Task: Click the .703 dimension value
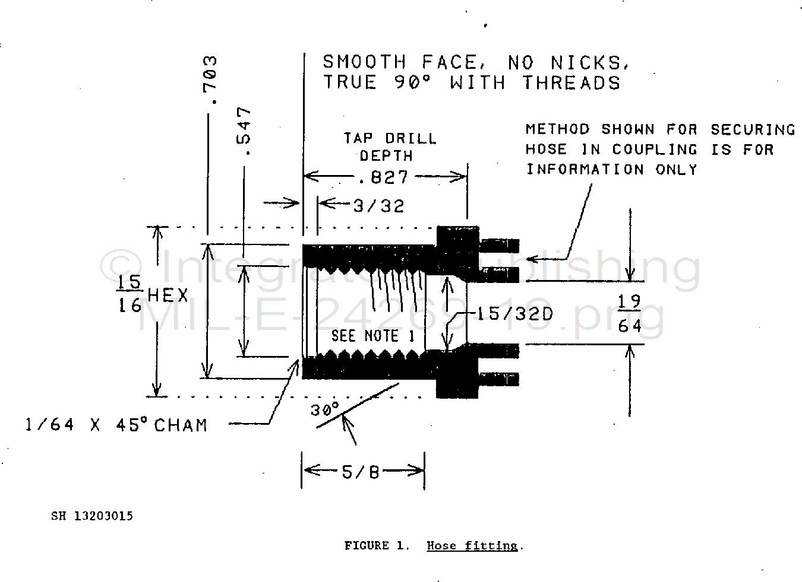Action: point(210,80)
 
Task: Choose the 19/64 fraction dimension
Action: point(629,314)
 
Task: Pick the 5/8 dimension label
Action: point(360,472)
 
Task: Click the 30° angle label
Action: point(324,409)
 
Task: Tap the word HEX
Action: point(168,295)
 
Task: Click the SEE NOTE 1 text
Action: point(372,336)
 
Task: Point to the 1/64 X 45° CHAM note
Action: point(116,425)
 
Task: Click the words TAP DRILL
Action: point(390,139)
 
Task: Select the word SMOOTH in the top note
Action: point(364,62)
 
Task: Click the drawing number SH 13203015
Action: point(92,516)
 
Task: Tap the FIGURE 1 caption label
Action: point(377,546)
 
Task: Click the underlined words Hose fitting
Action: point(472,546)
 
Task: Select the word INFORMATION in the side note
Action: point(585,170)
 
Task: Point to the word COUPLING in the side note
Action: point(655,150)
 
